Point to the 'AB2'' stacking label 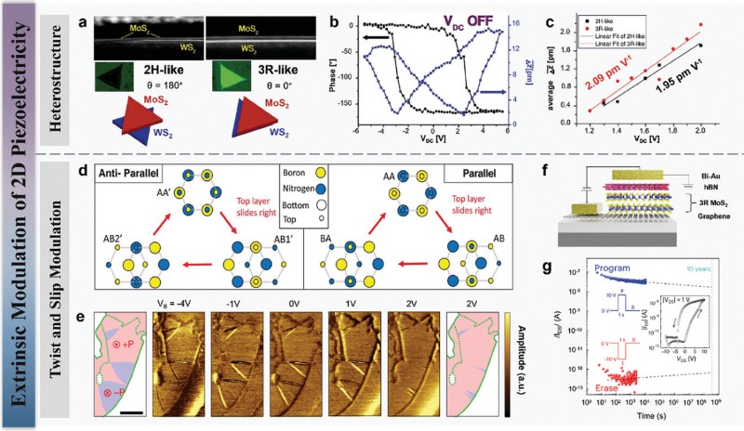coord(110,254)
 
